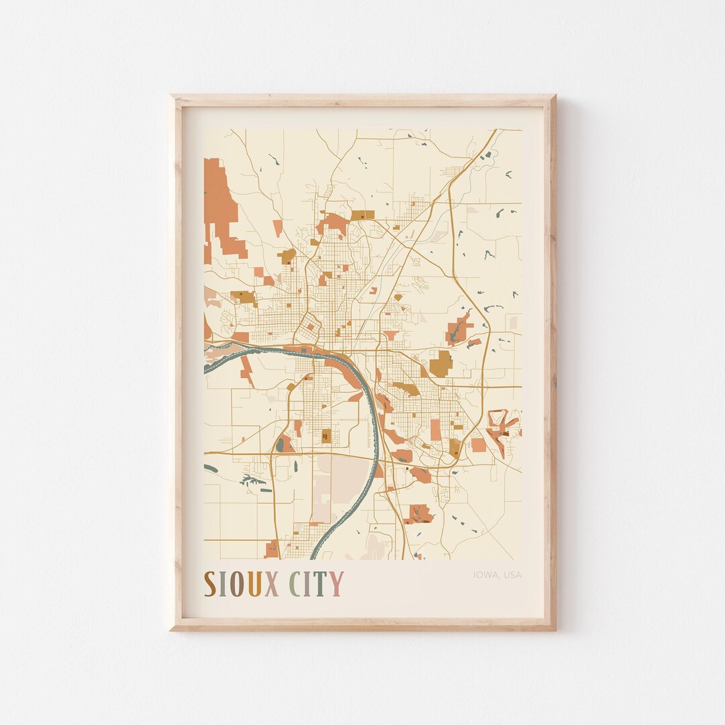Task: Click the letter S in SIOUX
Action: tap(210, 583)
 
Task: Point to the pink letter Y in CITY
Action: tap(336, 583)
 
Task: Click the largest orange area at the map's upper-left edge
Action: tap(220, 201)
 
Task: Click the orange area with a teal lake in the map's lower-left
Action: tap(285, 444)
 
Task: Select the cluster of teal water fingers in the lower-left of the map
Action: tap(252, 480)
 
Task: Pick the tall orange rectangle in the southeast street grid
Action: tap(436, 430)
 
